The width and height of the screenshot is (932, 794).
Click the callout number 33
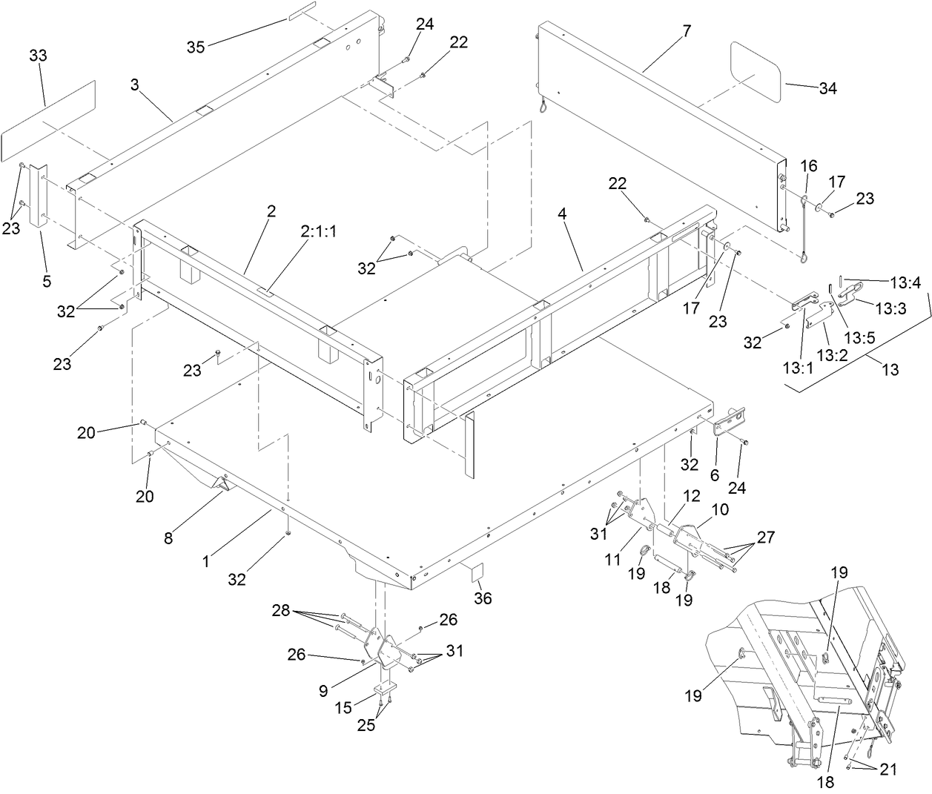point(38,55)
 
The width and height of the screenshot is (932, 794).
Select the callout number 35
point(196,47)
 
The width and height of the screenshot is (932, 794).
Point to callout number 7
point(686,31)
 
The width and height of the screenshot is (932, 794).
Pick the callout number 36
point(483,598)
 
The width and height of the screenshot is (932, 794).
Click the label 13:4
point(905,282)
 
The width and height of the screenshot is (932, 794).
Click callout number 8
point(168,538)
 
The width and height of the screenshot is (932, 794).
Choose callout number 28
point(281,610)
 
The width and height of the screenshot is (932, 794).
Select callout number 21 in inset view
point(888,770)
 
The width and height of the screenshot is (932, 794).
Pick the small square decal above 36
point(477,572)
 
